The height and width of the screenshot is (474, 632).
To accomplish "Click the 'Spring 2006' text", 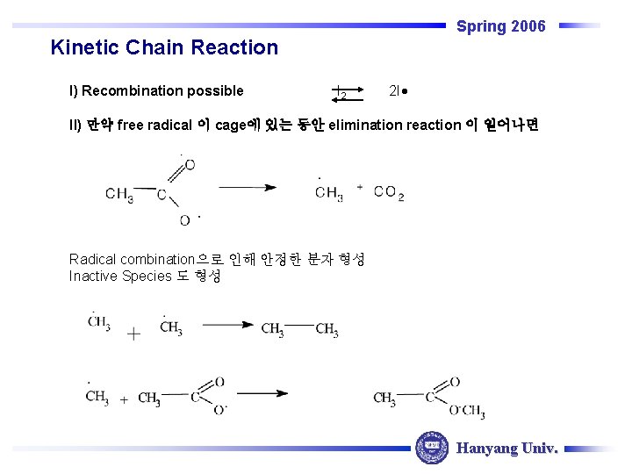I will coord(500,26).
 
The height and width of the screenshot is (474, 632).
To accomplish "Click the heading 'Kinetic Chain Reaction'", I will coord(164,47).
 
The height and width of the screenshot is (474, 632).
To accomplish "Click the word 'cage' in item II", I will coord(232,125).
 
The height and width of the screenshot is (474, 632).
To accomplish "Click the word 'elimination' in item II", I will coord(364,125).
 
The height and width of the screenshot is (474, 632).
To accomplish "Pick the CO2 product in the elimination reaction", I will coord(388,192).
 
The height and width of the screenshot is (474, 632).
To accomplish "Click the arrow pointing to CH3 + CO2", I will coord(247,187).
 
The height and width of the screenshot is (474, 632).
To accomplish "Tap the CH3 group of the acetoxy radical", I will coord(119,195).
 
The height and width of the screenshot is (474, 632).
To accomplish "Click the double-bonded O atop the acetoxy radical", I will coord(190,165).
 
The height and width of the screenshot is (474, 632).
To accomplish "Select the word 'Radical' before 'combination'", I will coord(92,259).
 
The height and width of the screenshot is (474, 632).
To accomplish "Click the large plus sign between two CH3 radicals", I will coord(133,334).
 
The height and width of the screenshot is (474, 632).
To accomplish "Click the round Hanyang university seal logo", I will coord(431,447).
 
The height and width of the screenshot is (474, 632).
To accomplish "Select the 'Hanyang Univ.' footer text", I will coord(506,448).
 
